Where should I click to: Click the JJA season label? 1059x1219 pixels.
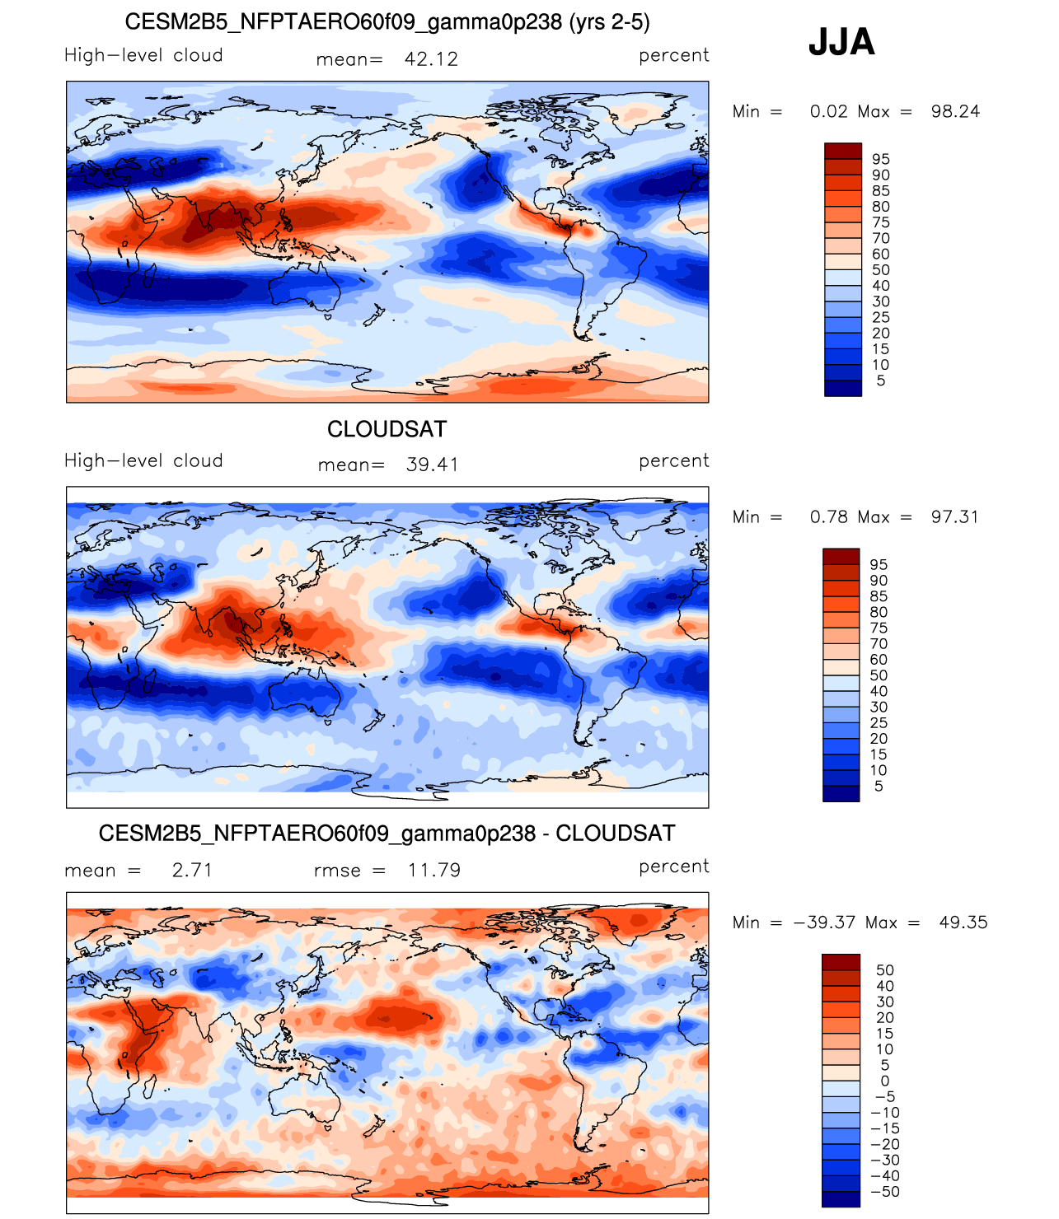coord(841,42)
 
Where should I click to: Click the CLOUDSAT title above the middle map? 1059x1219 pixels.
coord(387,429)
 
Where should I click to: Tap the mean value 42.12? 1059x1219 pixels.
coord(431,59)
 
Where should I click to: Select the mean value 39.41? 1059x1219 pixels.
coord(432,464)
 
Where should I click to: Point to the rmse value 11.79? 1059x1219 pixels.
coord(433,870)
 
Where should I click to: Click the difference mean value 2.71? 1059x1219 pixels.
coord(192,870)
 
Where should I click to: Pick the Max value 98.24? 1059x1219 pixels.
coord(954,111)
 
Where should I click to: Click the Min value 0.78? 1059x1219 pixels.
coord(828,516)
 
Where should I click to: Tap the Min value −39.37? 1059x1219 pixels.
coord(824,922)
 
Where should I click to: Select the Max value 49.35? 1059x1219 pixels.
coord(963,922)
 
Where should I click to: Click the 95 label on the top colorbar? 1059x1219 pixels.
coord(880,159)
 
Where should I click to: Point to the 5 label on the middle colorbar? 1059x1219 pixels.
coord(879,786)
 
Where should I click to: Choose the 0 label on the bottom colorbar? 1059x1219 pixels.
coord(884,1081)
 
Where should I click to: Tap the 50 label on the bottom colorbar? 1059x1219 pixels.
coord(884,970)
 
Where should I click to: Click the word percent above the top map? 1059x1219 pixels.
coord(673,55)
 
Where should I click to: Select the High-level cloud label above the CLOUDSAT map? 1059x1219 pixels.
coord(143,460)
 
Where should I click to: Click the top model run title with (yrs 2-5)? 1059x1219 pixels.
coord(387,22)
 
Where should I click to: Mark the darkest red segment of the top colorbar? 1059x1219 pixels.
coord(843,151)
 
